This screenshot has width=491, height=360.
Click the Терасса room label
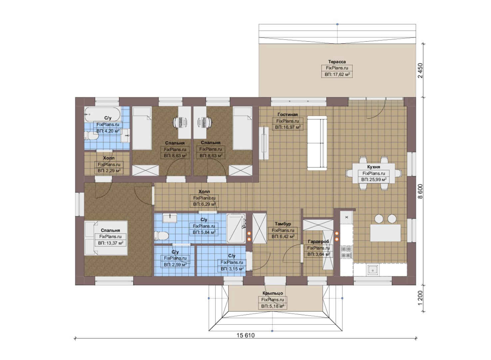(337, 62)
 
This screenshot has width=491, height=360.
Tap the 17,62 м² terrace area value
(337, 75)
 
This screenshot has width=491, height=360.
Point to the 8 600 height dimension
(420, 191)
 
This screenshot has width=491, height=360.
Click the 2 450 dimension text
(420, 71)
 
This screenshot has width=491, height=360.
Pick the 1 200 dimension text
(420, 298)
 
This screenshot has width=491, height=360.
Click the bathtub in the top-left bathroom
(103, 114)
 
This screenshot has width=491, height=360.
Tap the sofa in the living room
(317, 143)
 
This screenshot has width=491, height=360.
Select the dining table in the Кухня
(374, 173)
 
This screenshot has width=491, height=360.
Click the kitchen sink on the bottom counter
(373, 270)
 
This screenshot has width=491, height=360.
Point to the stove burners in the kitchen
(346, 252)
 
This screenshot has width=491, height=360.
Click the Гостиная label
(287, 115)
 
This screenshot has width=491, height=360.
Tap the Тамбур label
(283, 224)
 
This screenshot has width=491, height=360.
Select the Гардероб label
(318, 242)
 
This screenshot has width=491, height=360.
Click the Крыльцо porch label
(273, 293)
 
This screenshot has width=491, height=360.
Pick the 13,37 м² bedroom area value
(111, 243)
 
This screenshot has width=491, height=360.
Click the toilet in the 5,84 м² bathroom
(161, 236)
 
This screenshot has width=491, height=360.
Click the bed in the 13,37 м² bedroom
(106, 238)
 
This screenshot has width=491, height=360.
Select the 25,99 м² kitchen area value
(374, 180)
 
